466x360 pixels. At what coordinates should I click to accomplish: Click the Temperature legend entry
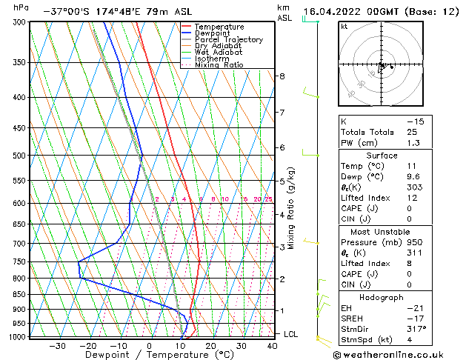click(214, 27)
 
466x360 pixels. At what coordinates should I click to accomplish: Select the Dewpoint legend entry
click(210, 33)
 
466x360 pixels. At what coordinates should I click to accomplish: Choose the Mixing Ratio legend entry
click(219, 65)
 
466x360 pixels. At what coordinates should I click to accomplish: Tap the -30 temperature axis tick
click(57, 345)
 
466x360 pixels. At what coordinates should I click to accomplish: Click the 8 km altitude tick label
click(282, 76)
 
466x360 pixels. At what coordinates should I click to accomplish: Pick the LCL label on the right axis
click(291, 335)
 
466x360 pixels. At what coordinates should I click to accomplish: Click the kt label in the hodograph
click(344, 27)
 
